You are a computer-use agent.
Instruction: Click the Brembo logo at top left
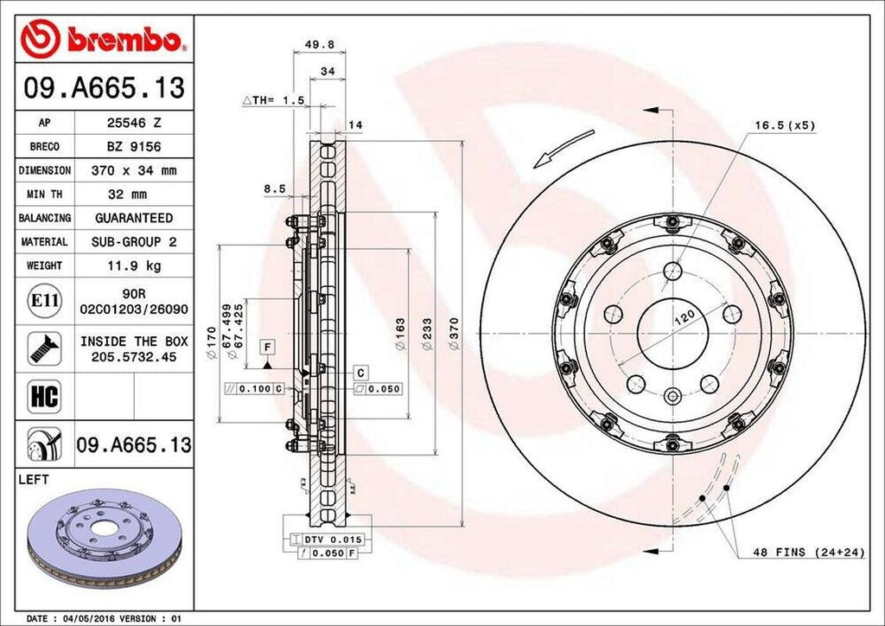[102, 39]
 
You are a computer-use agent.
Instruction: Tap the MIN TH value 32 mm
[133, 195]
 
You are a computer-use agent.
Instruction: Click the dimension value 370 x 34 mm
[133, 171]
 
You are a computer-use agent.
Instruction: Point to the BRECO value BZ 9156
[133, 148]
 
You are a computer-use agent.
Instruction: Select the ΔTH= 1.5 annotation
[274, 101]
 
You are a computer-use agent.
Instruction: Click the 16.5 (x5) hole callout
[784, 125]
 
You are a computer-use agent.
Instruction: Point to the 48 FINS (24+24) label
[808, 552]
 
